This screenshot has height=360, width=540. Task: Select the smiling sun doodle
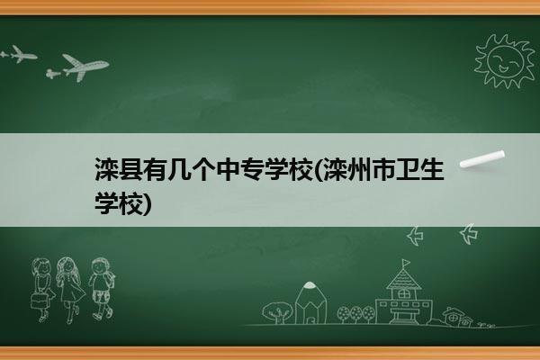click(x=505, y=60)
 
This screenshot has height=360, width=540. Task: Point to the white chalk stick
click(x=482, y=159)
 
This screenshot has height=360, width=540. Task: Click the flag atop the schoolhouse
click(x=407, y=263)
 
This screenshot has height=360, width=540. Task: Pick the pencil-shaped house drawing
click(x=310, y=303)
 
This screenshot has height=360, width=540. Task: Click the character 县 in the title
click(x=130, y=169)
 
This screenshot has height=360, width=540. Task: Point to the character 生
click(x=431, y=169)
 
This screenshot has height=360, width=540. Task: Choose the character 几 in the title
click(x=179, y=169)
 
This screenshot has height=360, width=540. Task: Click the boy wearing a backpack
click(x=101, y=289)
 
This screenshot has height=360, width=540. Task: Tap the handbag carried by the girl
click(x=40, y=301)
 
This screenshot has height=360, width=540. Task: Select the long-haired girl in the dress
click(x=69, y=289)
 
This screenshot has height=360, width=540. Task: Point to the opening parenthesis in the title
click(x=317, y=169)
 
